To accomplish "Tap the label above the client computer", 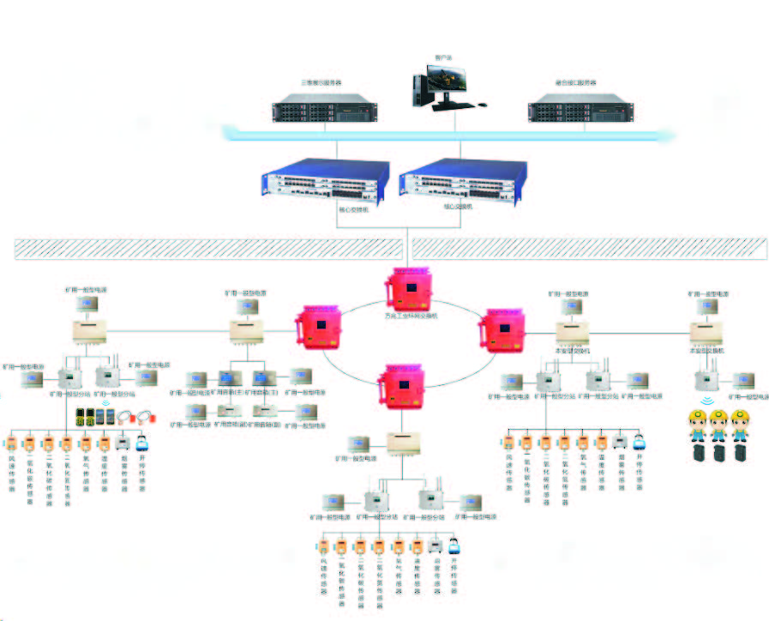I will [x=443, y=57].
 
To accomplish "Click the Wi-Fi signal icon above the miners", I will [x=708, y=400].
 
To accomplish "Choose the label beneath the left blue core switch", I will [x=352, y=208].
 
